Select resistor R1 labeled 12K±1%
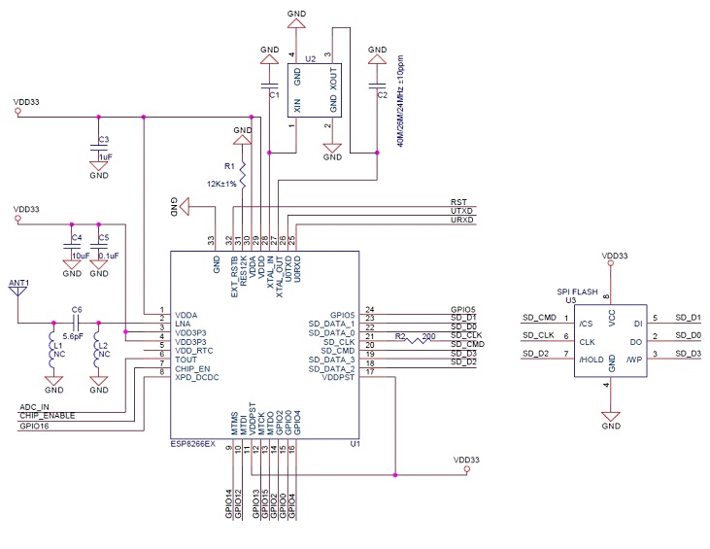[242, 176]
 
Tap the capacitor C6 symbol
[75, 323]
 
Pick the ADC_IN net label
[36, 406]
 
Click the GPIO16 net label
[35, 425]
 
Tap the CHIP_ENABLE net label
[47, 416]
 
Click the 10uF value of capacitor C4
[80, 256]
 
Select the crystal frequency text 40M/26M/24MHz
[400, 98]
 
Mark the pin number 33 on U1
[210, 240]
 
